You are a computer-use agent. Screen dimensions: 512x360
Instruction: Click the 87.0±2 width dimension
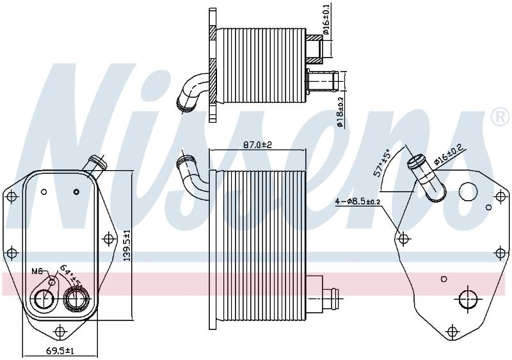tap(258, 144)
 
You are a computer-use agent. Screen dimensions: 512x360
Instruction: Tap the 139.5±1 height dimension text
tap(127, 245)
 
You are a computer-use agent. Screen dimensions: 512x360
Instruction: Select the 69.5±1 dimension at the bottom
tap(60, 351)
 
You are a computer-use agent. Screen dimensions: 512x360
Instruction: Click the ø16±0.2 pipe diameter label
tap(450, 154)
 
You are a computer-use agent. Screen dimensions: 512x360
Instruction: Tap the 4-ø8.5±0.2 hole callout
tap(358, 201)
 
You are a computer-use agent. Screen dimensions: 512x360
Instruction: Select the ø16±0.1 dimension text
tap(326, 19)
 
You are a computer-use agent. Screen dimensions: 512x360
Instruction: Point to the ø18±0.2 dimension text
tap(340, 113)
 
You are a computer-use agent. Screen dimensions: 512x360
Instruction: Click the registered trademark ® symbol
tap(500, 116)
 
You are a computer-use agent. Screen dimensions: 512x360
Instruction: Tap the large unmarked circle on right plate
tap(468, 191)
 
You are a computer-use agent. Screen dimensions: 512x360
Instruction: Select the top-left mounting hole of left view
tap(12, 197)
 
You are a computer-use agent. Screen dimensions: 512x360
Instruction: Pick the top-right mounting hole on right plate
tap(500, 196)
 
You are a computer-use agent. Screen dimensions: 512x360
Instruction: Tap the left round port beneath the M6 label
tap(43, 299)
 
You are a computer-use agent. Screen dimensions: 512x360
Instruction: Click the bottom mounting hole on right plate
tap(452, 331)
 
